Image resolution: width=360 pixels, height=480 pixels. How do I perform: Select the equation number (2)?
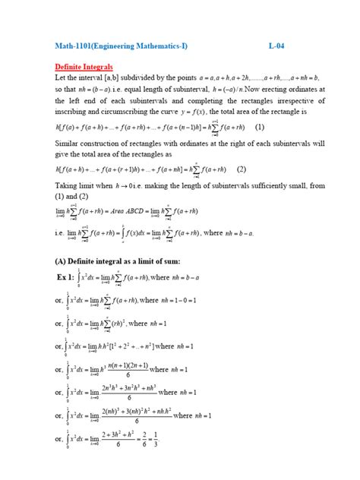[x=242, y=169]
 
